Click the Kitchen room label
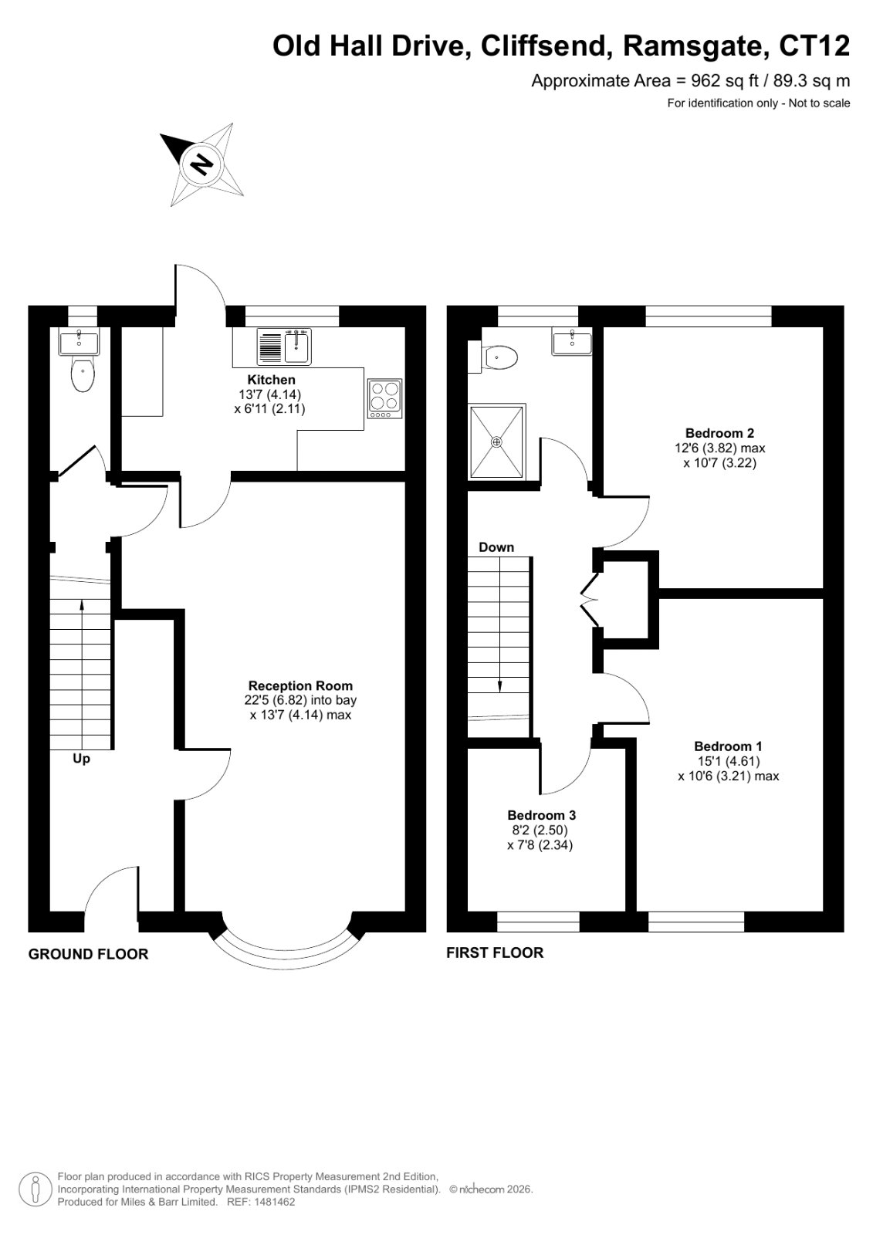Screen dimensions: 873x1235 point(271,380)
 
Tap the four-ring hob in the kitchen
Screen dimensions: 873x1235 point(385,398)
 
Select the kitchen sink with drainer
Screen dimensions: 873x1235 point(284,346)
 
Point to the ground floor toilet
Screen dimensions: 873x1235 point(83,374)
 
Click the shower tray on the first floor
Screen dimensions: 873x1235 point(496,441)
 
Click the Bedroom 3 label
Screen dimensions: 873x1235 point(542,815)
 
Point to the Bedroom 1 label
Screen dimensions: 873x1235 point(728,746)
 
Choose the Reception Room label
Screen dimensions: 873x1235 point(300,686)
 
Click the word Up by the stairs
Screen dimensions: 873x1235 point(81,760)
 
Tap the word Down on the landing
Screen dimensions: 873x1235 point(496,547)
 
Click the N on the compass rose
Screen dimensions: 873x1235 point(201,164)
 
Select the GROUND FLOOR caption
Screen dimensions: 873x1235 point(88,954)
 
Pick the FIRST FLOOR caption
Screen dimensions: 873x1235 point(495,952)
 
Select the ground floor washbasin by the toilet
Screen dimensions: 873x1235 point(80,341)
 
